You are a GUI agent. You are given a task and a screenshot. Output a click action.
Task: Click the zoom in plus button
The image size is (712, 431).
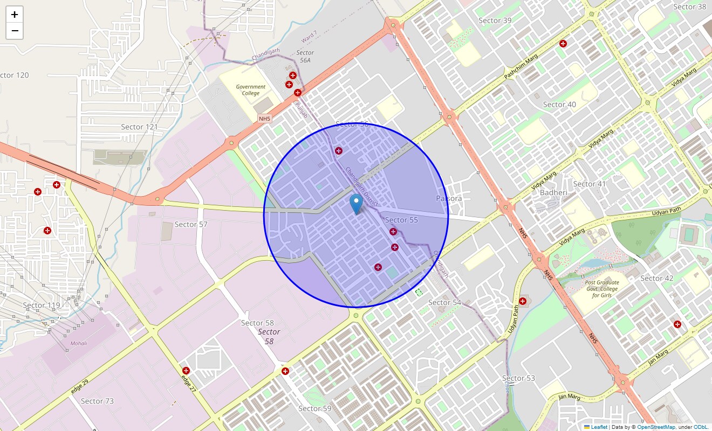15,15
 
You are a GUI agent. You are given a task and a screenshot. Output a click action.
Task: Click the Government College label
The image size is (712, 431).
251,90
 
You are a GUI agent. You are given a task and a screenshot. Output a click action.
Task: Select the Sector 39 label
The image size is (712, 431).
495,20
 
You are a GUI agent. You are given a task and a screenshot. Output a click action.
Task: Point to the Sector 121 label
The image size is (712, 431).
139,127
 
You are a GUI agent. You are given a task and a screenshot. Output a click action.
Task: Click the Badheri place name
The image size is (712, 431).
553,193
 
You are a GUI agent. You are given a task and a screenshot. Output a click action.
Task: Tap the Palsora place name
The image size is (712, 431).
449,198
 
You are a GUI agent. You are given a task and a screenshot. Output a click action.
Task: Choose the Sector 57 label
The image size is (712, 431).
191,224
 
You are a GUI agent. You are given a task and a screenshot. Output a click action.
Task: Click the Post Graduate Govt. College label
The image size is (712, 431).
602,289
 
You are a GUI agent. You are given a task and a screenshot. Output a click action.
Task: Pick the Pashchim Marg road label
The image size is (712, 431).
521,65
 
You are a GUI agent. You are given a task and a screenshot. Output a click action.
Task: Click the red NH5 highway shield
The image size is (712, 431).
265,119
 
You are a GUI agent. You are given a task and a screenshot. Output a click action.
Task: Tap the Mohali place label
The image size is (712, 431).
79,343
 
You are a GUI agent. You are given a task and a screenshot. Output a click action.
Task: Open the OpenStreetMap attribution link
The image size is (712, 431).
656,427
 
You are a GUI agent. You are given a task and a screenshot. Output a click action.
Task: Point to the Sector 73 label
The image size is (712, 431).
97,401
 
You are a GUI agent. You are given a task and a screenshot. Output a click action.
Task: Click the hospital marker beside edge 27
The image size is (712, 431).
186,371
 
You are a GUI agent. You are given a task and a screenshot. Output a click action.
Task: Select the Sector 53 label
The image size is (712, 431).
518,378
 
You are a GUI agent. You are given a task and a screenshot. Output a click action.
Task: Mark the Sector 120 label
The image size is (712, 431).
15,75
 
